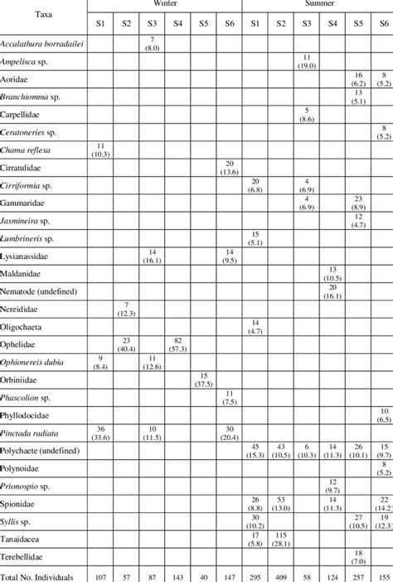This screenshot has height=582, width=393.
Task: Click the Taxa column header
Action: pos(44,14)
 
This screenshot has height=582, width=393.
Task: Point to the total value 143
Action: pos(177,575)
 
